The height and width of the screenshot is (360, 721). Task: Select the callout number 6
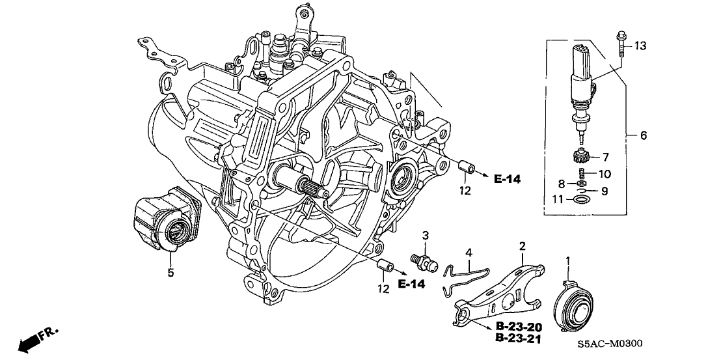tap(643, 135)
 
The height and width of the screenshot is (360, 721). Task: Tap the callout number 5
tap(170, 273)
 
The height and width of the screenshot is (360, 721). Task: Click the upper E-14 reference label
tap(507, 178)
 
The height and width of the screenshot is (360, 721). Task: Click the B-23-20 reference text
tap(519, 326)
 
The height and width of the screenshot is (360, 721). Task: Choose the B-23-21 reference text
tap(519, 339)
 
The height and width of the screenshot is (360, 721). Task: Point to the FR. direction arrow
tap(36, 339)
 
